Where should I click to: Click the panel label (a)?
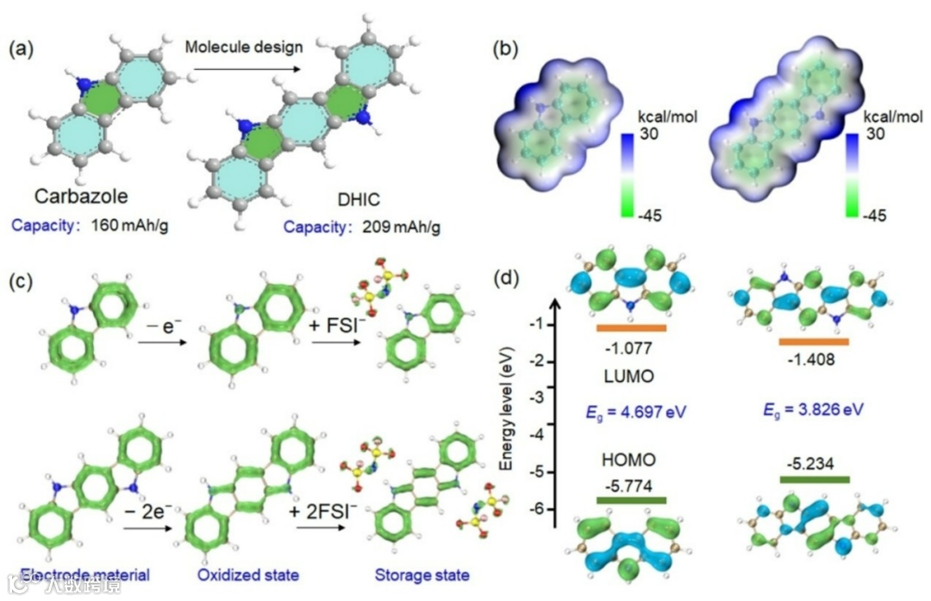click(23, 50)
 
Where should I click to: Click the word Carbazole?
click(82, 197)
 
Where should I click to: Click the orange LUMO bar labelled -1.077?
click(630, 329)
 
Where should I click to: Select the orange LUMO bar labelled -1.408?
click(814, 341)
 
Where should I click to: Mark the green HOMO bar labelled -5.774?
click(630, 500)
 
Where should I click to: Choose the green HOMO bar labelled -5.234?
click(814, 479)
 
